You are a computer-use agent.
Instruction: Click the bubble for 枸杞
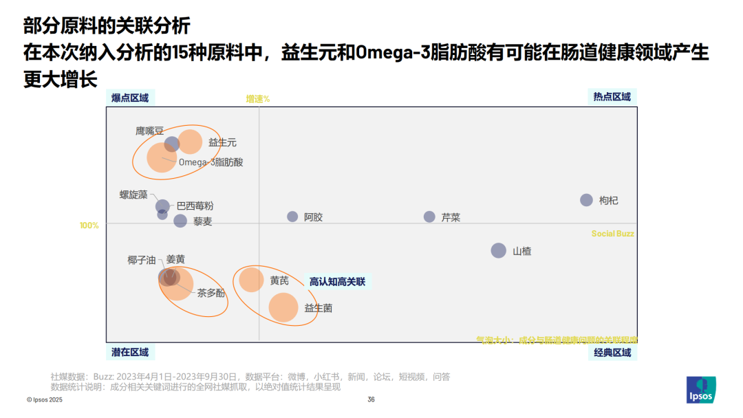coord(586,200)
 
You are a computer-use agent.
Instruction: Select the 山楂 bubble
coord(498,250)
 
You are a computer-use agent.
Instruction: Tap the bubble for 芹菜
coord(429,217)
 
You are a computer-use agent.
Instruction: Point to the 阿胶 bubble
coord(292,217)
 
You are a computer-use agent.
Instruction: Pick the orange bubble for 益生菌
coord(283,307)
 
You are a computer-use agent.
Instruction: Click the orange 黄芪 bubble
coord(251,280)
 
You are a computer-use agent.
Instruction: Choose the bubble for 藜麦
coord(180,221)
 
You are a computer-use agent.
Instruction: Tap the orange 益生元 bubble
coord(191,142)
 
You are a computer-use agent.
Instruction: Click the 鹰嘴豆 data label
coord(149,130)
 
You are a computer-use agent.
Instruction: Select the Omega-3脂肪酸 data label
coord(211,162)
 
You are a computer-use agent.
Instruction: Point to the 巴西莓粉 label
coord(195,206)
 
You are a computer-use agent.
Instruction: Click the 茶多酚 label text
coord(211,293)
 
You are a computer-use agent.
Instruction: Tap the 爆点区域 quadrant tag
coord(130,97)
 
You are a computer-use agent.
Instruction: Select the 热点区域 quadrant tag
coord(612,97)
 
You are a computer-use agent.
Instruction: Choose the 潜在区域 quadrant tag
coord(130,353)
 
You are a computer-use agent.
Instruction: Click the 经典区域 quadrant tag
coord(612,353)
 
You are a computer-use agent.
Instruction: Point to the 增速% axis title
coord(258,99)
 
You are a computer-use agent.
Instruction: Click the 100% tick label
coord(89,225)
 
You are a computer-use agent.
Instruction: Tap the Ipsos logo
coord(701,390)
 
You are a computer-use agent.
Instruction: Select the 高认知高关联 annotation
coord(337,281)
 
